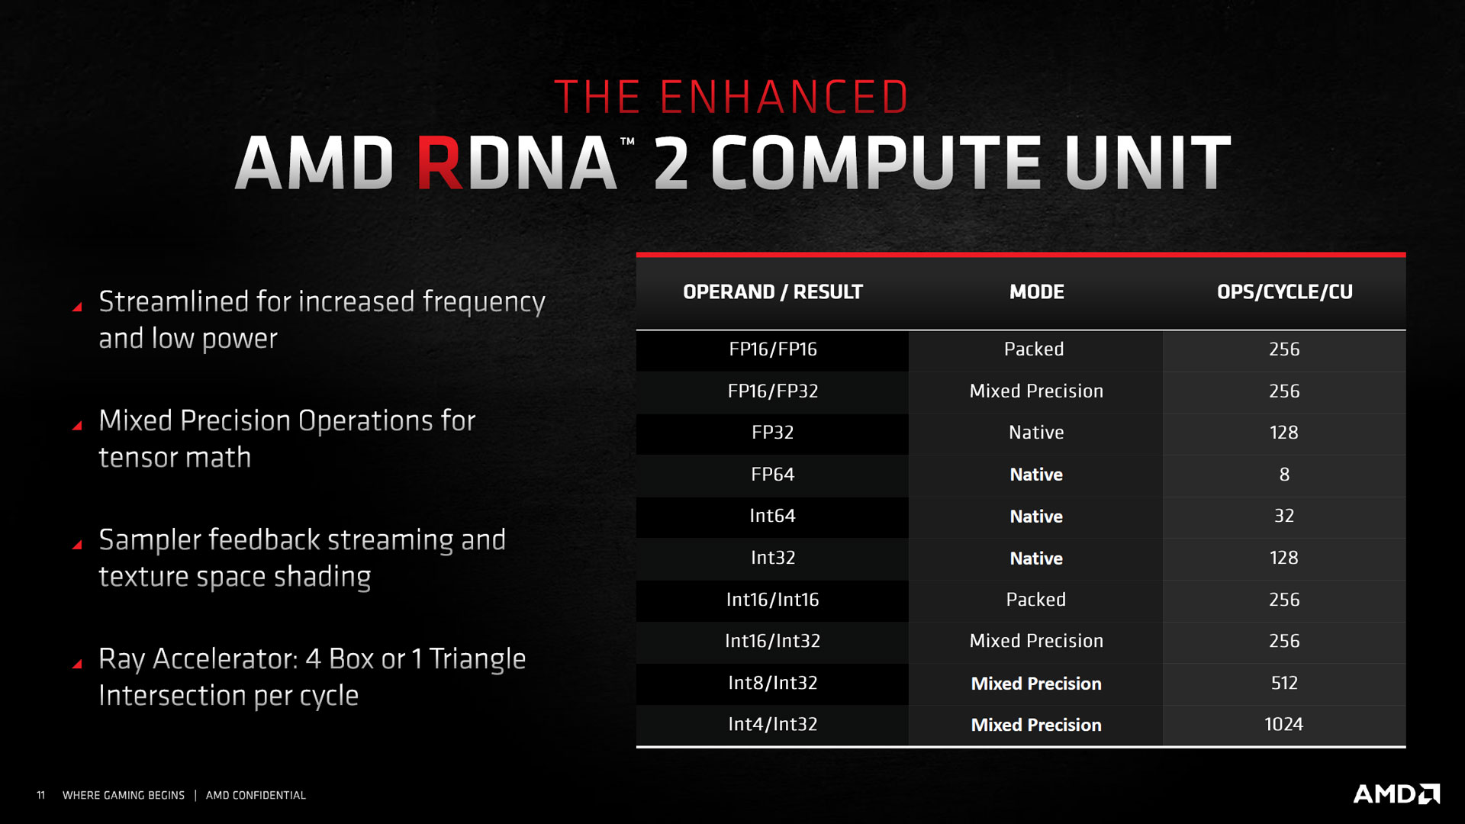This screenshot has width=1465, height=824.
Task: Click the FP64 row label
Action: point(772,475)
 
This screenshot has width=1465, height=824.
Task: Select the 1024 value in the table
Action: point(1283,724)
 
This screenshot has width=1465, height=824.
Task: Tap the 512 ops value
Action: point(1283,683)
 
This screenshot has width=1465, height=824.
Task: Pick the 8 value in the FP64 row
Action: point(1284,475)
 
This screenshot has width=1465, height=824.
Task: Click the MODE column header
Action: point(1036,292)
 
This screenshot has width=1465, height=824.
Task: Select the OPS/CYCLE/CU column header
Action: point(1284,292)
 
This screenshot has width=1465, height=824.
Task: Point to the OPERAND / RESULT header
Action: point(772,292)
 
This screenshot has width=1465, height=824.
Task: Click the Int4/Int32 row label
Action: point(772,724)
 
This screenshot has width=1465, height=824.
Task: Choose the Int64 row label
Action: point(772,516)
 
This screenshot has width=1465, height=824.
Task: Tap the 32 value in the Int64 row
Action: point(1283,516)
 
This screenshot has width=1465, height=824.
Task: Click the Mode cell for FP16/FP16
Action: point(1034,349)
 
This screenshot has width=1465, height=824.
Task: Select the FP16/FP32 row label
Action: point(772,391)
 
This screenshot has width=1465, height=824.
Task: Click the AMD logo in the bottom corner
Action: point(1396,794)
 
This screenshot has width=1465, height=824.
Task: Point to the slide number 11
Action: point(41,795)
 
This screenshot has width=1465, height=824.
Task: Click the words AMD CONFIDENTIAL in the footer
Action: point(256,795)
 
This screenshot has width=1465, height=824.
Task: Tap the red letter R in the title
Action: point(439,163)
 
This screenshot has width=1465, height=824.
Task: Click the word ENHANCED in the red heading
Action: point(784,98)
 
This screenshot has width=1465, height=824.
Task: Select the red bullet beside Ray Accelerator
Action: point(77,664)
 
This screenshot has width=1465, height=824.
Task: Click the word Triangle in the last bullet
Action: point(477,659)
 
